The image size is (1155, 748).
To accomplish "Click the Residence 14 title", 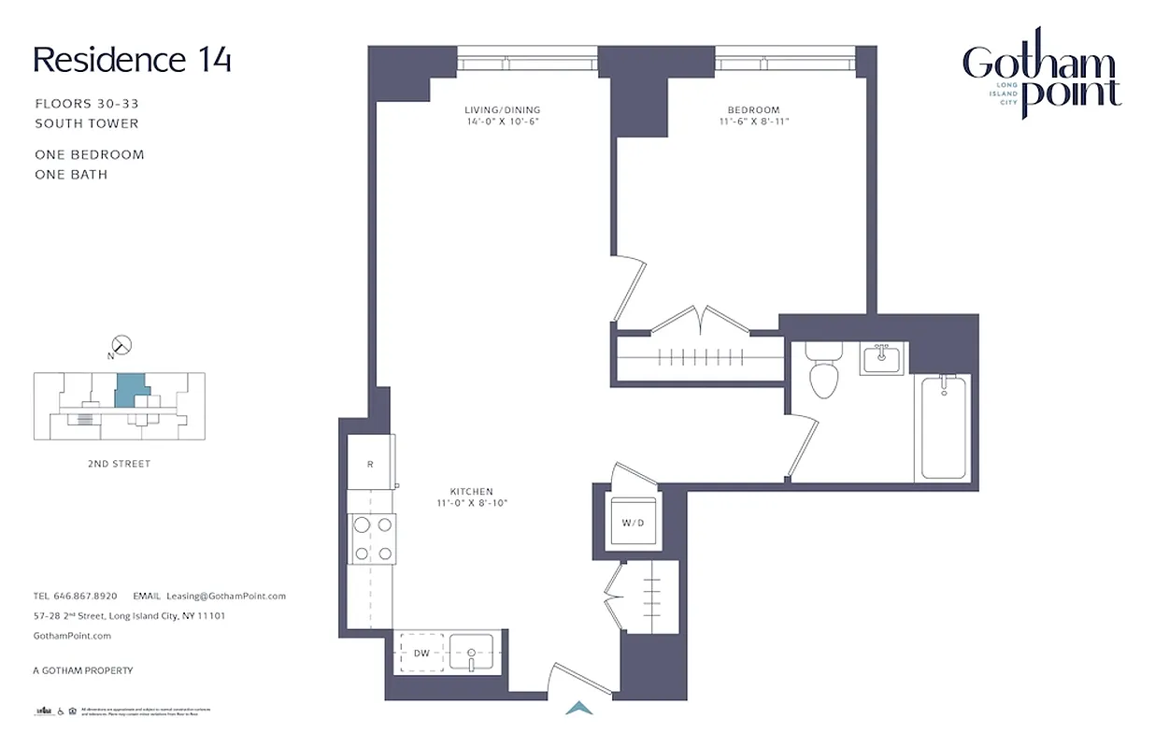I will click(x=132, y=61).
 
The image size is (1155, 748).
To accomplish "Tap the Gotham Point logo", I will click(x=1041, y=79).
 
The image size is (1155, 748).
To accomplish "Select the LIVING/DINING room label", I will click(x=502, y=110).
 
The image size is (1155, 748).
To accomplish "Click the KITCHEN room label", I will click(x=471, y=492).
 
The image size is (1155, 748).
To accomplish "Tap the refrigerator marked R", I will click(x=370, y=464).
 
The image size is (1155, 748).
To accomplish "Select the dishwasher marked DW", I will click(x=421, y=653).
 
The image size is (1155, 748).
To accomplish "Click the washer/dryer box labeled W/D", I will click(x=634, y=523).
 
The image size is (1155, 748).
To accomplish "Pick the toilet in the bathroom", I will click(x=823, y=372).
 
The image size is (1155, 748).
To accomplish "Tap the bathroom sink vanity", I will click(x=883, y=358).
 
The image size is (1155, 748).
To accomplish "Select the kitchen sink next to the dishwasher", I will click(x=472, y=653).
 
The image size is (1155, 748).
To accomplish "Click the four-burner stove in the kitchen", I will click(x=371, y=539).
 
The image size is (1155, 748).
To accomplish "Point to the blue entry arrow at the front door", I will click(x=579, y=709).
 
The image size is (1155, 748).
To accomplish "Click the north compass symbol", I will click(x=121, y=346).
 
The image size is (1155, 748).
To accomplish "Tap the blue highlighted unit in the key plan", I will click(x=130, y=389).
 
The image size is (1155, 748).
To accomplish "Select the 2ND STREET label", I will click(x=119, y=464).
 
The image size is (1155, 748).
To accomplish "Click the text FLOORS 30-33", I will click(x=87, y=104).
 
